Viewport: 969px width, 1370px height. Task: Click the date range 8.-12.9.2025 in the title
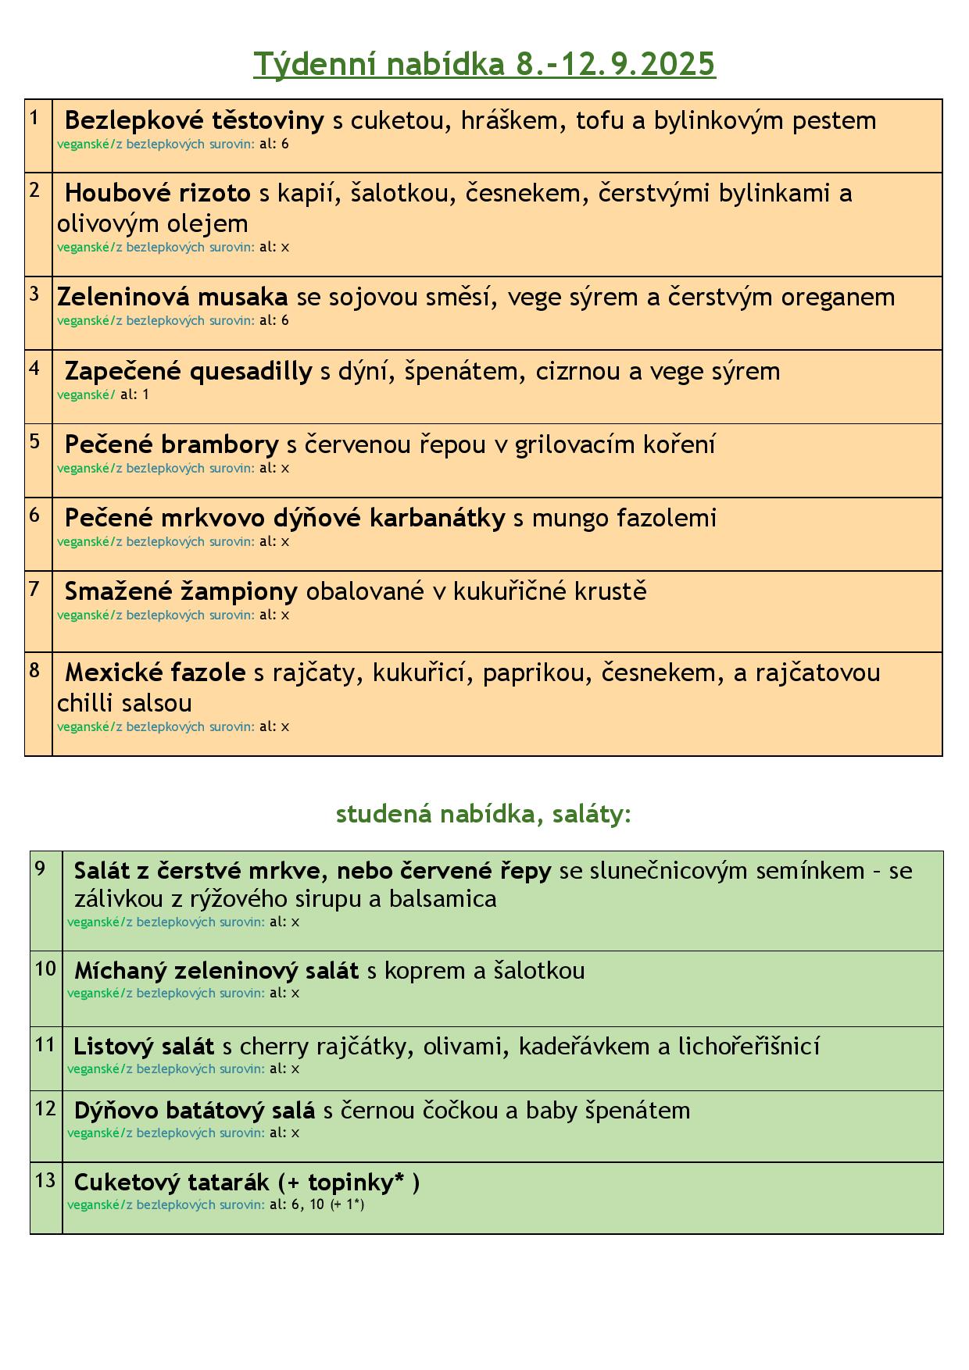pos(616,64)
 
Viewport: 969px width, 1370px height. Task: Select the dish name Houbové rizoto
pos(157,193)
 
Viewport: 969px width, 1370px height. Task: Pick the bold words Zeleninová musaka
pos(172,297)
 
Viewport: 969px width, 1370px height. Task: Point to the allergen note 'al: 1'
pos(134,394)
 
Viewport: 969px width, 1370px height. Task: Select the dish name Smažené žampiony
pos(181,591)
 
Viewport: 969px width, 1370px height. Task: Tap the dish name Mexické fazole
pos(155,673)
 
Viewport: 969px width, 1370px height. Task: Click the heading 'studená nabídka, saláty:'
pos(484,814)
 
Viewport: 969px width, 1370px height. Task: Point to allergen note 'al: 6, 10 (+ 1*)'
pos(316,1204)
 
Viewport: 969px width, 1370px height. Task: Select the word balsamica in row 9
pos(453,899)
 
